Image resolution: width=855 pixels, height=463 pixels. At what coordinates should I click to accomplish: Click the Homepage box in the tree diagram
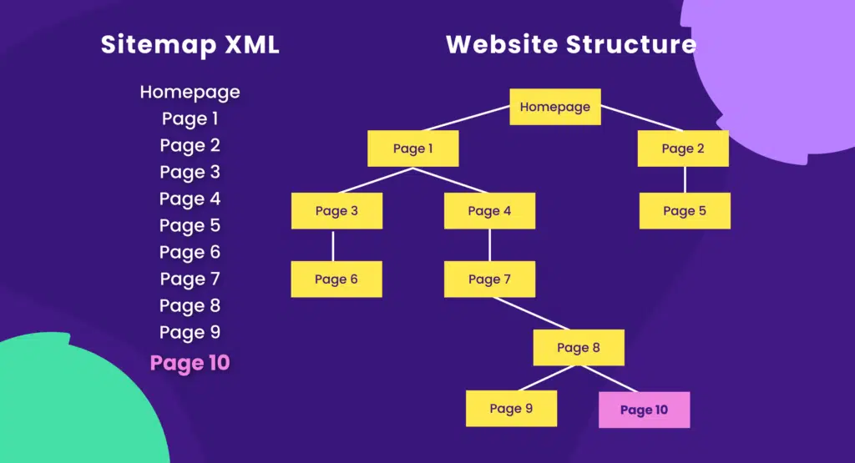pyautogui.click(x=555, y=107)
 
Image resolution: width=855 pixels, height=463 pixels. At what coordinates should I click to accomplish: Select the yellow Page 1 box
pyautogui.click(x=413, y=148)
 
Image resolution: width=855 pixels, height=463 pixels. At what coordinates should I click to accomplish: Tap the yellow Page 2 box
pyautogui.click(x=683, y=148)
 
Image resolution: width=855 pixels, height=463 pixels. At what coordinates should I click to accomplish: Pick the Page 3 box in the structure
pyautogui.click(x=336, y=211)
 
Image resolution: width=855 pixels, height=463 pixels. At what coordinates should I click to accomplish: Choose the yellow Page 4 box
pyautogui.click(x=489, y=211)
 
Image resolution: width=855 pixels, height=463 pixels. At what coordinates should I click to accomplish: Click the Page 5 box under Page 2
pyautogui.click(x=685, y=211)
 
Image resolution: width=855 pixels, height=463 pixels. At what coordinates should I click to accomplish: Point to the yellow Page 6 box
pyautogui.click(x=336, y=279)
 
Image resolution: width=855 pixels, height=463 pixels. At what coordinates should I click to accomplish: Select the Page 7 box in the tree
pyautogui.click(x=489, y=279)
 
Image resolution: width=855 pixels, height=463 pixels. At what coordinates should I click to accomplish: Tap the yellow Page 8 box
pyautogui.click(x=579, y=348)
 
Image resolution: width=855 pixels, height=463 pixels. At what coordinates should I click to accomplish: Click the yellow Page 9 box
pyautogui.click(x=511, y=409)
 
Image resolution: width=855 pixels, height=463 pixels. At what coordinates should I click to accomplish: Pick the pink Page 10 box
pyautogui.click(x=644, y=410)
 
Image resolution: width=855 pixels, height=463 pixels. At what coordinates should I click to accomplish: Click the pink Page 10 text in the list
pyautogui.click(x=190, y=363)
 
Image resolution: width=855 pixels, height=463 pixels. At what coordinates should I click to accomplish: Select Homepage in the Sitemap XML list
pyautogui.click(x=190, y=92)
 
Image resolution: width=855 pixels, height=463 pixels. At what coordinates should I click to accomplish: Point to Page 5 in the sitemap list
pyautogui.click(x=190, y=225)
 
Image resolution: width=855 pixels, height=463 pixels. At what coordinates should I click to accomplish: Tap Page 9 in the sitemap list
pyautogui.click(x=190, y=332)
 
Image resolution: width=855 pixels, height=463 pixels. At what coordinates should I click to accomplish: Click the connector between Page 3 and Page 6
pyautogui.click(x=333, y=245)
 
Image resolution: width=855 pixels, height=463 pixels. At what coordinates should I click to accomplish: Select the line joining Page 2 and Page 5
pyautogui.click(x=685, y=179)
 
